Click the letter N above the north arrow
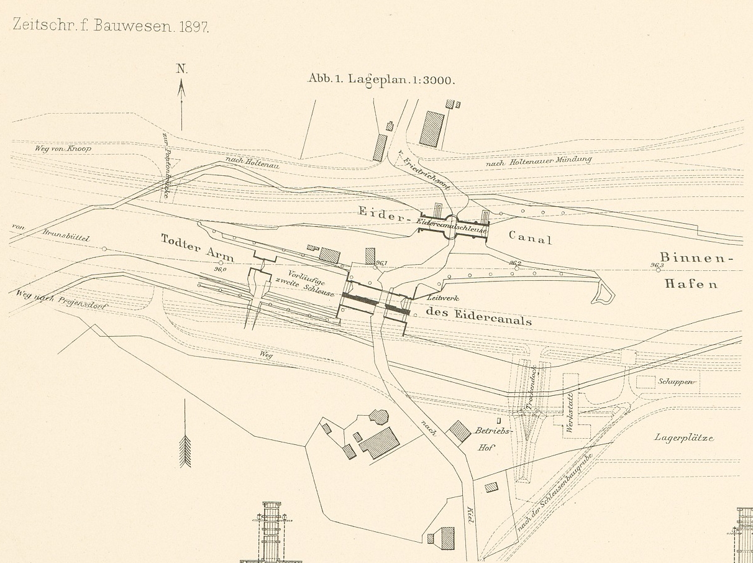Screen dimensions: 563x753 tap(181, 69)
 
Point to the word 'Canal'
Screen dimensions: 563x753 tap(530, 237)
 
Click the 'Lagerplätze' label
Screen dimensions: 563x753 tap(683, 437)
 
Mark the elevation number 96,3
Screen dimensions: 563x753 tap(657, 265)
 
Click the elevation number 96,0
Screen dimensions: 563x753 tap(219, 269)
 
